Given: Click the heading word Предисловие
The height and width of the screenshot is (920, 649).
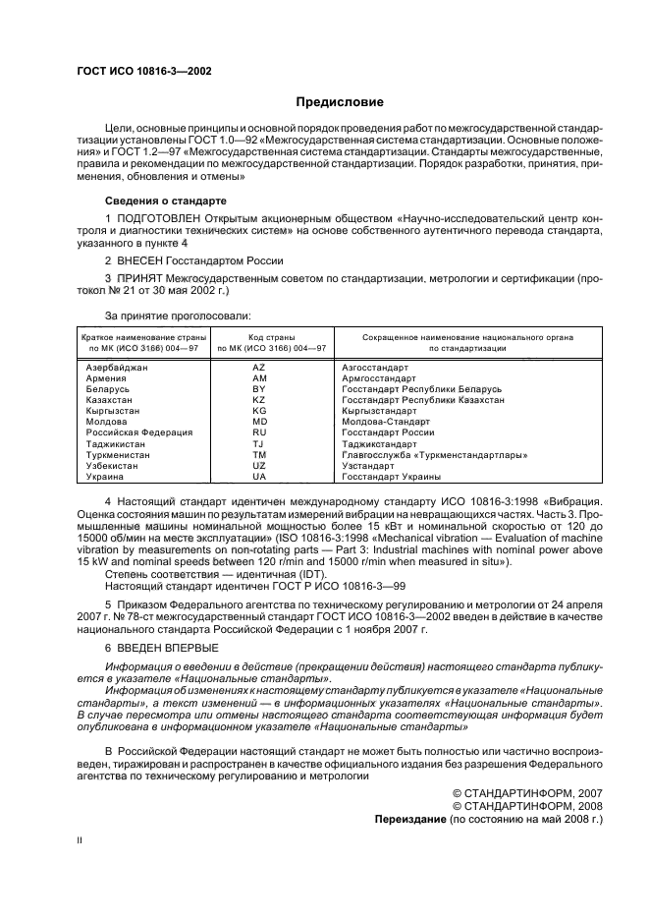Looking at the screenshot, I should (340, 102).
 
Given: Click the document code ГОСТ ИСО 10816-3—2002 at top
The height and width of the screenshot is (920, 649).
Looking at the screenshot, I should (143, 72).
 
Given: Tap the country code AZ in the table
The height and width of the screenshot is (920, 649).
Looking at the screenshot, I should (259, 367).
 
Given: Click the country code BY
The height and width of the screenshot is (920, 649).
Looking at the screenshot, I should (259, 389).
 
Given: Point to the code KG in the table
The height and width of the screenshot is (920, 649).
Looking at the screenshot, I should (259, 411).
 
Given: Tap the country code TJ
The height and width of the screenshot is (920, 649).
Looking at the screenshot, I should (259, 443).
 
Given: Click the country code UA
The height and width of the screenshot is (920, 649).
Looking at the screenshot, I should (259, 477).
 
